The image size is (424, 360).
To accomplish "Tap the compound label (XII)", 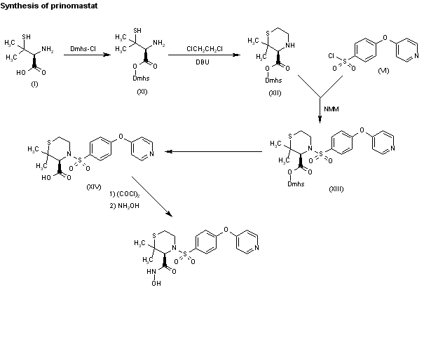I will (x=275, y=95).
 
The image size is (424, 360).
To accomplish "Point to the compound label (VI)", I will (x=383, y=71).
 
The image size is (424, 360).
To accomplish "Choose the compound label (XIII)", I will (x=336, y=189).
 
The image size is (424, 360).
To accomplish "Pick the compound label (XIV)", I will (x=94, y=187).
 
